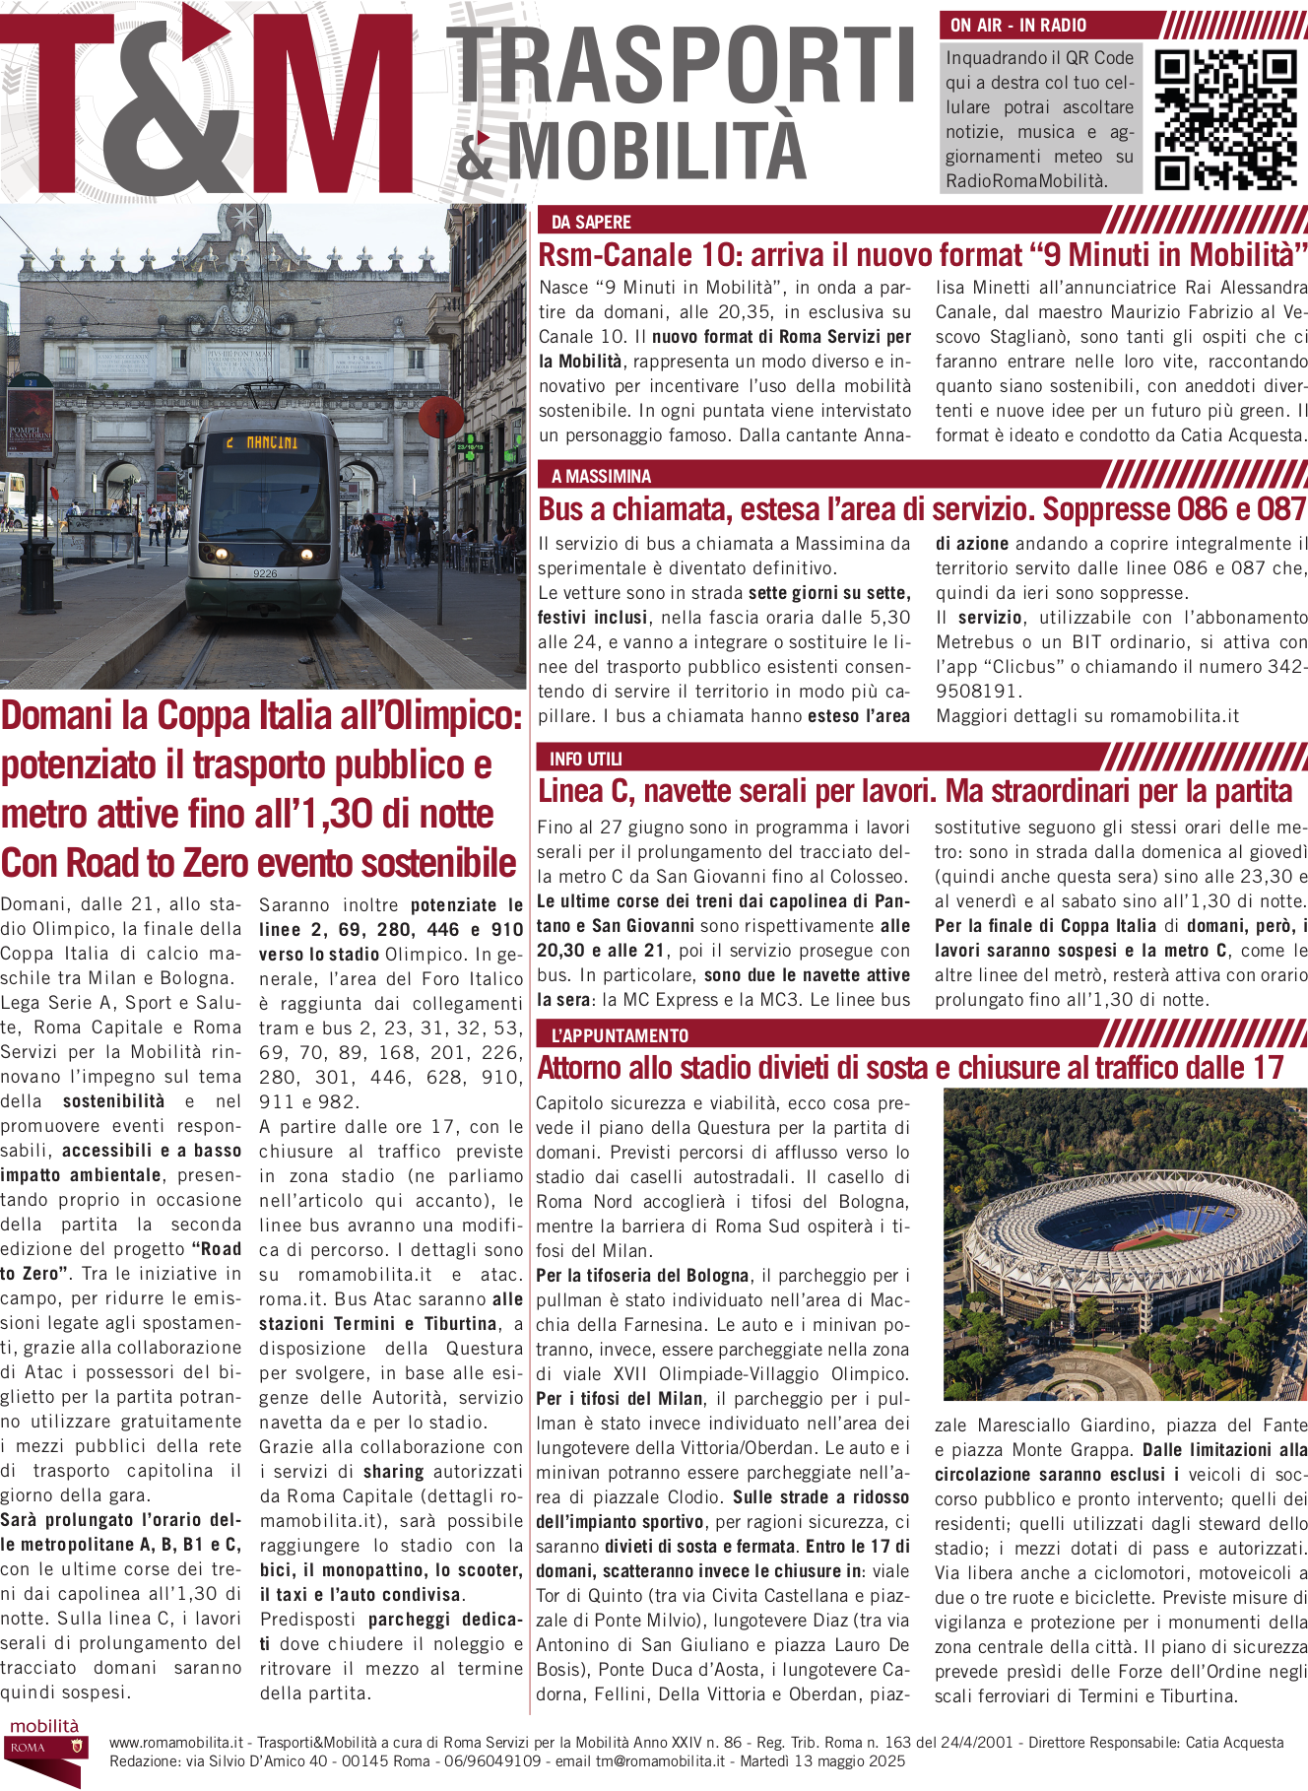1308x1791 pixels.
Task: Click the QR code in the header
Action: click(1224, 119)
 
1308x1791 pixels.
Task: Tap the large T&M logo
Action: click(207, 103)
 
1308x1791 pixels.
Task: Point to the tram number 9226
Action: click(265, 573)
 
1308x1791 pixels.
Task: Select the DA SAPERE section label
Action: click(591, 222)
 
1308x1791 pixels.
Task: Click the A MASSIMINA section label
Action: click(601, 477)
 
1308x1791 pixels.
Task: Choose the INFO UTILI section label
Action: click(585, 759)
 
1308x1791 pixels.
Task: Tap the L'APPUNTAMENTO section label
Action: click(620, 1035)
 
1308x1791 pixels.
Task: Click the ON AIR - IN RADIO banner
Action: click(1018, 26)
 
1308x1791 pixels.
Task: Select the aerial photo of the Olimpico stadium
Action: click(1125, 1243)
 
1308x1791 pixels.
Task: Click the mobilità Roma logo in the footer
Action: click(44, 1750)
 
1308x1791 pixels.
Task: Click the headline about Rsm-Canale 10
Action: click(922, 255)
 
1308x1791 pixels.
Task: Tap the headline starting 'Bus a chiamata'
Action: click(922, 509)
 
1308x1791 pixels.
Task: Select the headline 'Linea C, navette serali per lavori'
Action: click(915, 791)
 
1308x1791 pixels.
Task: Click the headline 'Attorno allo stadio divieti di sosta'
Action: click(910, 1068)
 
